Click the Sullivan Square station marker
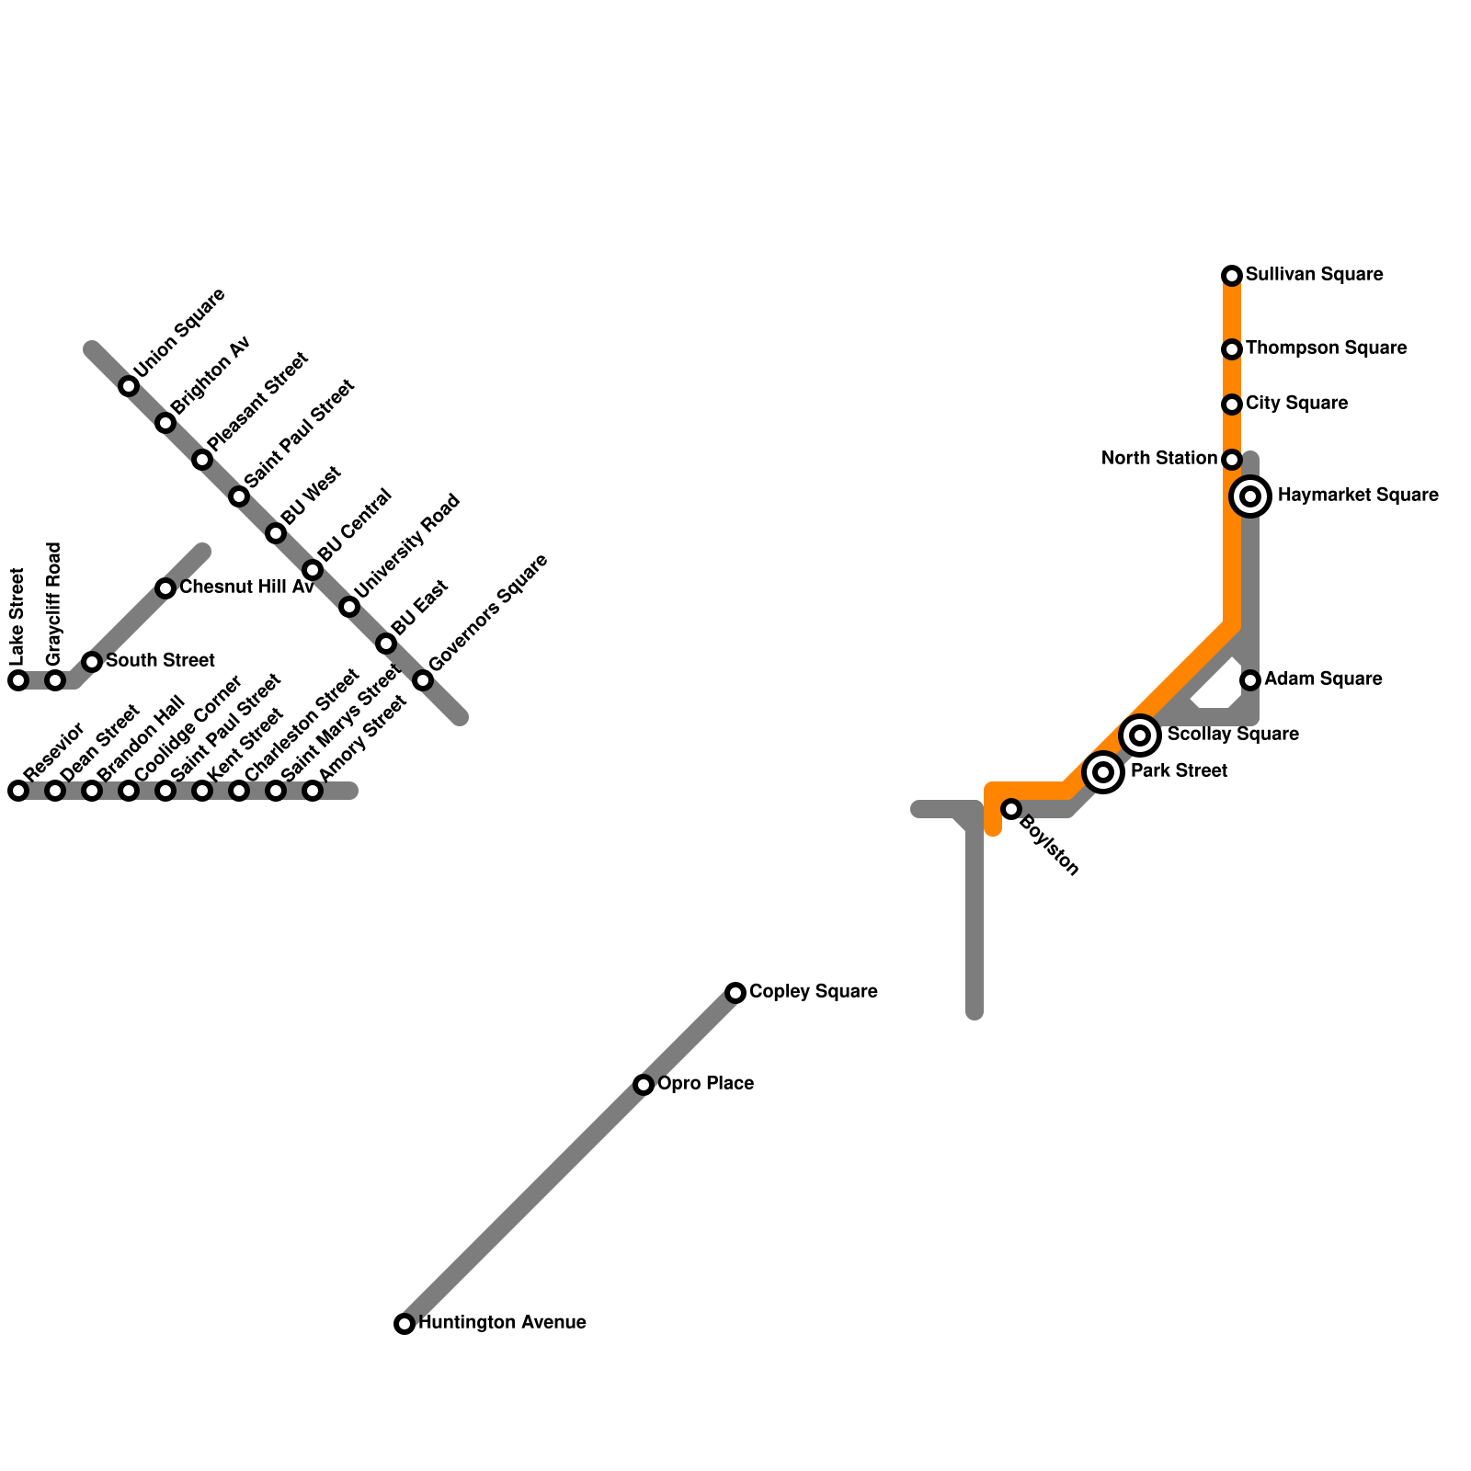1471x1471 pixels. [x=1232, y=276]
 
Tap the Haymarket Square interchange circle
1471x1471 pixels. [x=1250, y=496]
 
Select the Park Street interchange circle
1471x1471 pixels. [x=1103, y=772]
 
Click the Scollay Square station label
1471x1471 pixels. [x=1232, y=735]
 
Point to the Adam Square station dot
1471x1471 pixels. [x=1250, y=680]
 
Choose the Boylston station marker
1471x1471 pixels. [x=1011, y=809]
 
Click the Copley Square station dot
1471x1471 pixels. [x=735, y=993]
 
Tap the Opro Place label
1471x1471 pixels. [x=705, y=1084]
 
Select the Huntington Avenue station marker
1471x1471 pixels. [x=405, y=1324]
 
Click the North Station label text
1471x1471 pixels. [x=1158, y=459]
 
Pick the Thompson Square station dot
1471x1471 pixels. [x=1232, y=349]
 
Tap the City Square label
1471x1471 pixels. [x=1296, y=404]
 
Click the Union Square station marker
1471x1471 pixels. [x=129, y=386]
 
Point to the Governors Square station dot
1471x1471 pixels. [x=423, y=680]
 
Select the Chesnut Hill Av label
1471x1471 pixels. [x=246, y=587]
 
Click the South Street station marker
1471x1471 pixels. [x=92, y=662]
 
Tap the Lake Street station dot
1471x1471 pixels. [x=18, y=680]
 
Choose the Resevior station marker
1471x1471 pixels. [x=18, y=791]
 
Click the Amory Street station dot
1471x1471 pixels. [x=313, y=791]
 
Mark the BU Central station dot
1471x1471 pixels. [x=313, y=570]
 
